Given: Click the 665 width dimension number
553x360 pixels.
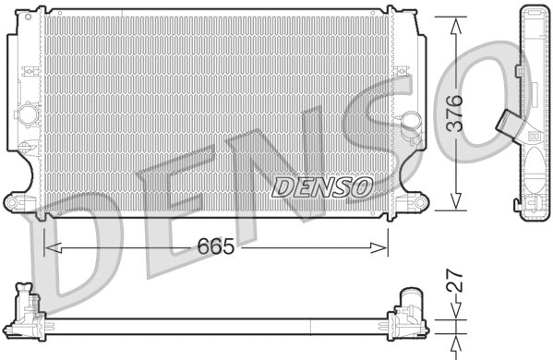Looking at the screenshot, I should [213, 247].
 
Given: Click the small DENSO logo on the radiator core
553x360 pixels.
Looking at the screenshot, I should [321, 187].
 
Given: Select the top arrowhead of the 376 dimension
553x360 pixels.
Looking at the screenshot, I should [454, 23].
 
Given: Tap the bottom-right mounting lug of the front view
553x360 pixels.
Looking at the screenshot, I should [417, 200].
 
